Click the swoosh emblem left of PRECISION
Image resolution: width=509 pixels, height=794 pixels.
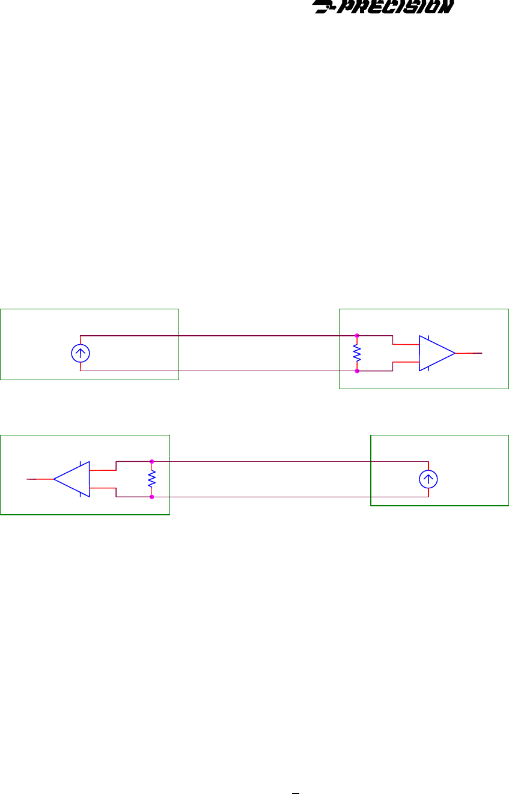[x=325, y=8]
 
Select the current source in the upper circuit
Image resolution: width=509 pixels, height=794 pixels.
[x=80, y=354]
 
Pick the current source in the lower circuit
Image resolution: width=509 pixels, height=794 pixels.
[x=428, y=479]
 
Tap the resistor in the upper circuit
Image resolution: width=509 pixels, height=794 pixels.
[x=357, y=353]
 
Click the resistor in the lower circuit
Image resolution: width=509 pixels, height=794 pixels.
[x=151, y=479]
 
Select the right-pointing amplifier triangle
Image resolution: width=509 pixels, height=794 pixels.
[x=436, y=353]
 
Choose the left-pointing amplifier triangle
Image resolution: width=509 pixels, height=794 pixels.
[x=73, y=479]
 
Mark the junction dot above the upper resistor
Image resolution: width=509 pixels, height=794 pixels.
[x=357, y=335]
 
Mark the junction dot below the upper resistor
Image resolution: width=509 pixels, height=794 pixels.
[x=357, y=371]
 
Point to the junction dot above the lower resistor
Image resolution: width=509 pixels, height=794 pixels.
[x=151, y=461]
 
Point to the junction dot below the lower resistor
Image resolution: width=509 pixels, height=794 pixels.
[x=151, y=497]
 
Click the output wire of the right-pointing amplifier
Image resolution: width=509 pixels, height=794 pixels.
[x=469, y=353]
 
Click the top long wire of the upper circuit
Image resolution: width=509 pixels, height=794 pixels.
[x=216, y=335]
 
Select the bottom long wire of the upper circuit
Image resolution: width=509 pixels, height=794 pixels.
[x=216, y=371]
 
